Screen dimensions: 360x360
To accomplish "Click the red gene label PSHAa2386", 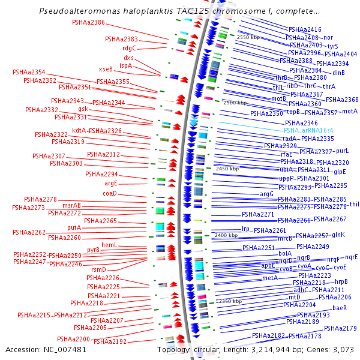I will tap(88, 23).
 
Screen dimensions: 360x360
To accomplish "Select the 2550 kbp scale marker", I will tap(248, 37).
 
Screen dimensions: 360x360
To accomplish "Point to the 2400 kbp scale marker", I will tap(226, 235).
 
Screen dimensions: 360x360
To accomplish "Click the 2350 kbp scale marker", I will tap(230, 301).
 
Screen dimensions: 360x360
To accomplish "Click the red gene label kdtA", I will tap(79, 130).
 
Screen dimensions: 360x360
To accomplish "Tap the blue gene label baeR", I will tap(340, 308).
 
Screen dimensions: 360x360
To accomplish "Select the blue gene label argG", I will tap(266, 194).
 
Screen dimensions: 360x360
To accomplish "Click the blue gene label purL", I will tap(342, 151).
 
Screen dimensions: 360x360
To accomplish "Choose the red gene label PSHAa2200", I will tap(74, 339).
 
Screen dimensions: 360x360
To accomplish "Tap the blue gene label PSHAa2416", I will tap(305, 29).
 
